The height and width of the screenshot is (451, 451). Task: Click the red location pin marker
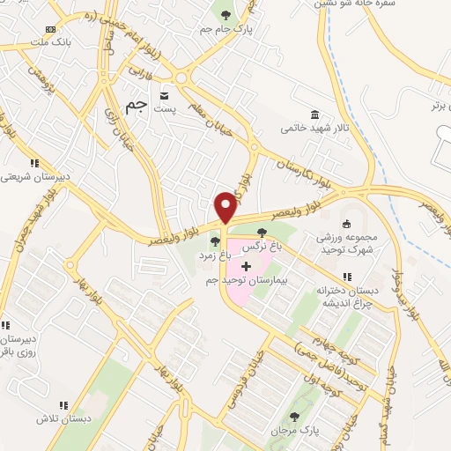click(225, 207)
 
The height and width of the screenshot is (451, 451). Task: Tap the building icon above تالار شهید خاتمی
click(314, 113)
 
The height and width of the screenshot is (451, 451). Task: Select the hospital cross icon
click(245, 266)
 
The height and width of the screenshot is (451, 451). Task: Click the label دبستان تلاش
click(52, 419)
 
